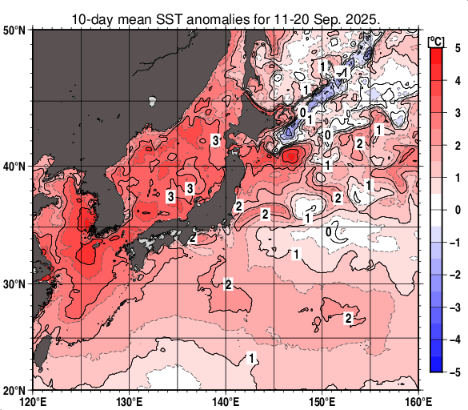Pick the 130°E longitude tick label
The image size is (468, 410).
pos(130,401)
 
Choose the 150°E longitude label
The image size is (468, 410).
pos(322,401)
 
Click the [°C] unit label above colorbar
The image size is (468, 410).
pos(436,40)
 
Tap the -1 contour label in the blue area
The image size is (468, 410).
pos(342,73)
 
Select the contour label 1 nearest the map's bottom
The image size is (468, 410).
pos(253,357)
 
